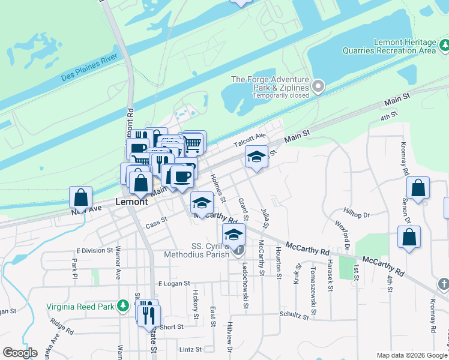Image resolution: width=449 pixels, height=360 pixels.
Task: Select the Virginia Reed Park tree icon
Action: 124,306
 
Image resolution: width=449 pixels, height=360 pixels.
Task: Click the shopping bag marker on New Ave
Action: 80,197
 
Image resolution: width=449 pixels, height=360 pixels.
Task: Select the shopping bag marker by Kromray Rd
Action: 418,187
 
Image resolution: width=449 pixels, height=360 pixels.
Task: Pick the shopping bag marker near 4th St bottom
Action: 409,236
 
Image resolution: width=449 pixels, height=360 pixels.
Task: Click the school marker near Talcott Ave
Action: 256,157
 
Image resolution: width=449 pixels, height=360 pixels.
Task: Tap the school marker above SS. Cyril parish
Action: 234,235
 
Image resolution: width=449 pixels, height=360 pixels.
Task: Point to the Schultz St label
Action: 294,314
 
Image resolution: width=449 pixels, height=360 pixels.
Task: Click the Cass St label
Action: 155,222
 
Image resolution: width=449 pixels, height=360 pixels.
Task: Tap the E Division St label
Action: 94,250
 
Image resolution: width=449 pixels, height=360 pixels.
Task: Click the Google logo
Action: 20,353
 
